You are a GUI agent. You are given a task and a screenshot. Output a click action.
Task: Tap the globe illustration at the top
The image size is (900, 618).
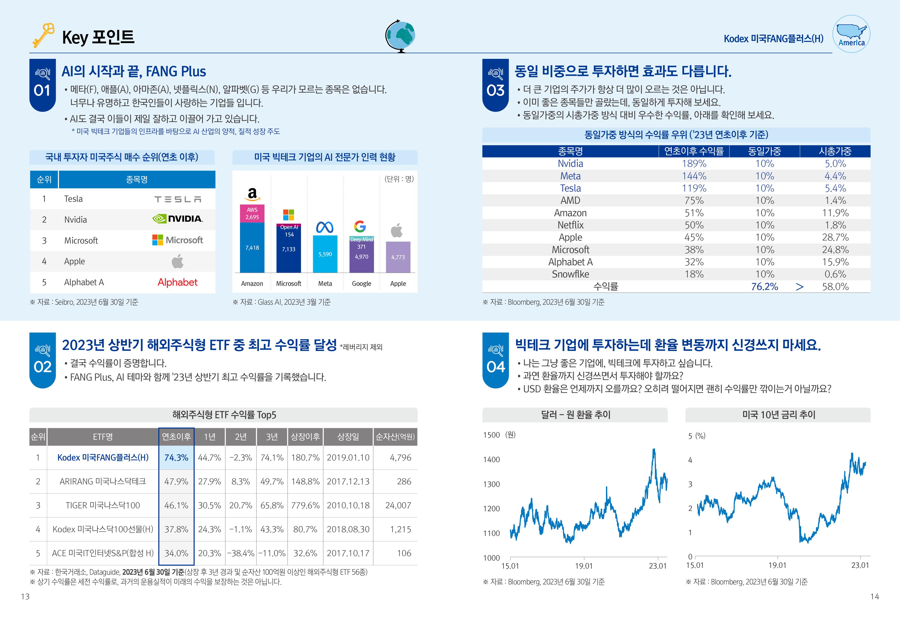coord(400,36)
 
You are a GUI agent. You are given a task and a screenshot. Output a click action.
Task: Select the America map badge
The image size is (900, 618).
coord(851,34)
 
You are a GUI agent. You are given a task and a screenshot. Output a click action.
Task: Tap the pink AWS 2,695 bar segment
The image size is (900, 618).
coord(252,213)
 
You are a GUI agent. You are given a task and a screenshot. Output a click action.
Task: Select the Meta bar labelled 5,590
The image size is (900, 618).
coord(325,254)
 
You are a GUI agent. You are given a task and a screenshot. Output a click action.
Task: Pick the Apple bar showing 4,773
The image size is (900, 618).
coord(398,257)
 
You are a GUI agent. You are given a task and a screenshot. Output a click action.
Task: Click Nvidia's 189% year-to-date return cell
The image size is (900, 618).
coord(694,163)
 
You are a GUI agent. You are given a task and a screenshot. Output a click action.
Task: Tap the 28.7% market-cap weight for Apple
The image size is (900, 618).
coord(835,237)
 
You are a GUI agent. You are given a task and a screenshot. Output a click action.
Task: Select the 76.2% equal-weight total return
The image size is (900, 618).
coord(765,286)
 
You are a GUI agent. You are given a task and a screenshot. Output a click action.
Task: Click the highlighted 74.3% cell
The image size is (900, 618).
coord(176,458)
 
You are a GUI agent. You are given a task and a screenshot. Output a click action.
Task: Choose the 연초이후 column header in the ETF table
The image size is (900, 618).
coord(176,437)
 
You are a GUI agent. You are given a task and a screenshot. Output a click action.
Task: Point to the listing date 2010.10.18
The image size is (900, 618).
coord(348,505)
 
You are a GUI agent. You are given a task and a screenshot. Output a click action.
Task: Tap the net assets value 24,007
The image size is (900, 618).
coord(398,505)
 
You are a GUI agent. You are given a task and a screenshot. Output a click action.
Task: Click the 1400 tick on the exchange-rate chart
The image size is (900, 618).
coord(491,460)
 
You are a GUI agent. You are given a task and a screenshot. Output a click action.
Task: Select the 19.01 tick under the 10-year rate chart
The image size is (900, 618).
coord(777,565)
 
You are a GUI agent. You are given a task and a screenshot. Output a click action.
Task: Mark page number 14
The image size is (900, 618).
coord(874,596)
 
